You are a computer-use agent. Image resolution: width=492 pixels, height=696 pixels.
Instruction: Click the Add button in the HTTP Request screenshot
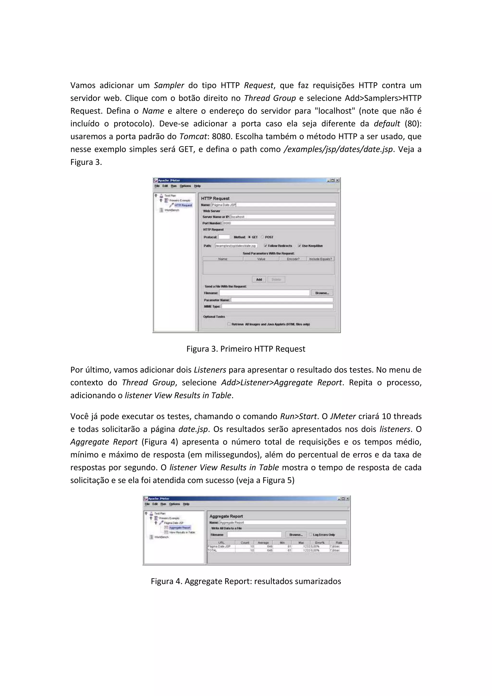[x=259, y=280]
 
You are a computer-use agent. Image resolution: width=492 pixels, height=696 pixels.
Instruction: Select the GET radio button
[x=250, y=237]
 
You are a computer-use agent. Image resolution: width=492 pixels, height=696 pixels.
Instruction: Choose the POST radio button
[x=262, y=237]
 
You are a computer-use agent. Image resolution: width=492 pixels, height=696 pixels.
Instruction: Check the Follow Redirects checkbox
[x=266, y=246]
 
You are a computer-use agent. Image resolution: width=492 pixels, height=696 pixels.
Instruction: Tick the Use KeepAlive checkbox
[x=300, y=246]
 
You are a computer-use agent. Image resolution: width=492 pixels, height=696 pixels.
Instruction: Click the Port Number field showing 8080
[x=278, y=223]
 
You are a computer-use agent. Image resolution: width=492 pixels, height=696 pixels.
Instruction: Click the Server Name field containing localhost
[x=282, y=217]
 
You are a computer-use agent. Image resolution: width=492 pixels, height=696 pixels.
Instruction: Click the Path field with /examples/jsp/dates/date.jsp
[x=236, y=246]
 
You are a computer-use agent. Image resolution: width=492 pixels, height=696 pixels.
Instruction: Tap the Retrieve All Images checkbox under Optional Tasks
[x=229, y=324]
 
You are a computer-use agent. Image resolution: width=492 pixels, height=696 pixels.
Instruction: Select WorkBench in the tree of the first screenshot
[x=172, y=210]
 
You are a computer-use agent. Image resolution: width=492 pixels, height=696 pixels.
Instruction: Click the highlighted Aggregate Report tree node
[x=179, y=528]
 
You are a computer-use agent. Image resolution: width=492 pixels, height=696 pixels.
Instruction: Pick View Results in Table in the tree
[x=182, y=532]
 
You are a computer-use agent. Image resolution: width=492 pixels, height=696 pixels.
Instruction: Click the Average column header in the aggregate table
[x=263, y=542]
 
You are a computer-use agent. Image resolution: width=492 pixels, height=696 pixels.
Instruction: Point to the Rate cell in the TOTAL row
[x=339, y=550]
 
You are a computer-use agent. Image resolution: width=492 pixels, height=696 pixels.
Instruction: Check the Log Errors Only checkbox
[x=311, y=535]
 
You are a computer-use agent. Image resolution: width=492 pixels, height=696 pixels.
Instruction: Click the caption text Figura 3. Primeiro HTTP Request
[x=246, y=349]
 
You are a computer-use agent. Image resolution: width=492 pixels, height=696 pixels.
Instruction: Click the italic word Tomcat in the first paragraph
[x=193, y=137]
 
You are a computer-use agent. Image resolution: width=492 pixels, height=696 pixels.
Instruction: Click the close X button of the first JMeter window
[x=338, y=180]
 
